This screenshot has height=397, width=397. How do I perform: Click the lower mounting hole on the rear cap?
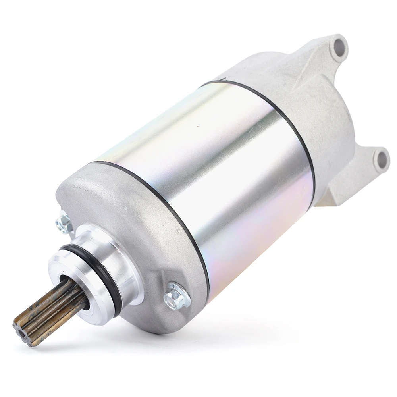[x=382, y=159]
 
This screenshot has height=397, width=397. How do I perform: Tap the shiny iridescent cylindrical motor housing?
[x=206, y=167]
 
